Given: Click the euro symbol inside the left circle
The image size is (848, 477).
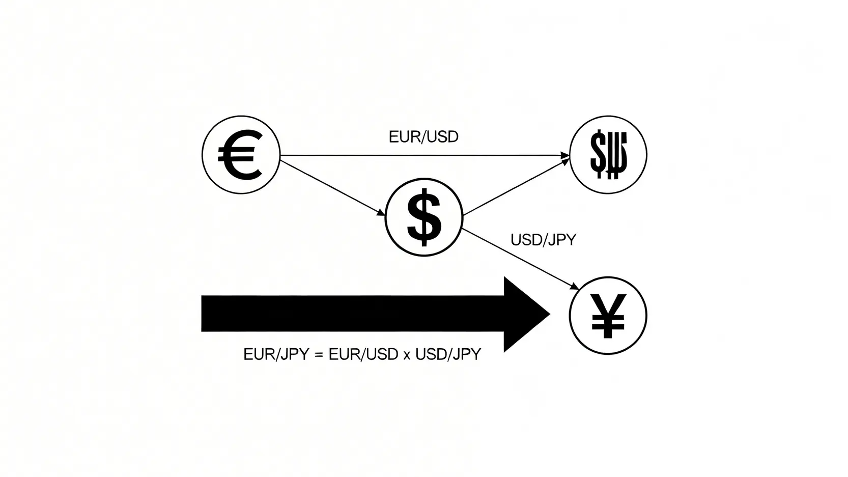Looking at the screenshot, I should click(x=240, y=155).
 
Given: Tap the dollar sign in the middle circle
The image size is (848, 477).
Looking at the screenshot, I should click(x=424, y=217).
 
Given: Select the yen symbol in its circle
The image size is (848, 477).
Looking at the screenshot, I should click(x=608, y=316).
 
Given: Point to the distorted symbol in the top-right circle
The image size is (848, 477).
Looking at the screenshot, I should click(x=608, y=155).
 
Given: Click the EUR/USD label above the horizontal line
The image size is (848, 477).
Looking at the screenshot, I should click(x=423, y=137).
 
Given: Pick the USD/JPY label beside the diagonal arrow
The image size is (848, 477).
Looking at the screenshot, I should click(x=543, y=240).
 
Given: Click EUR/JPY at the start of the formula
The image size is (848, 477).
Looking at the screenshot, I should click(x=276, y=354).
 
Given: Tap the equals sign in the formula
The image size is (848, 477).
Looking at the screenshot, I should click(x=319, y=355).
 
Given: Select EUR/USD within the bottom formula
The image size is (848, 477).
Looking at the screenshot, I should click(x=363, y=354).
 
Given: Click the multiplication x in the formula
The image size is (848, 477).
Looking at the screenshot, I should click(x=406, y=355).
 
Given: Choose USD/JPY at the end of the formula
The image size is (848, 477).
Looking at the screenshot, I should click(x=448, y=354).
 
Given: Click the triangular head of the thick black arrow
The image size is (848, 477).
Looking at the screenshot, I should click(x=524, y=314).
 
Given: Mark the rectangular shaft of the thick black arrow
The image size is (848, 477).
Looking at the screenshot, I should click(x=351, y=314).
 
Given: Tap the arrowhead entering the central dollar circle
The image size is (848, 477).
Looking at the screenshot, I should click(x=381, y=213).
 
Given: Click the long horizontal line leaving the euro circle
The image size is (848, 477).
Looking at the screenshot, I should click(x=422, y=155).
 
